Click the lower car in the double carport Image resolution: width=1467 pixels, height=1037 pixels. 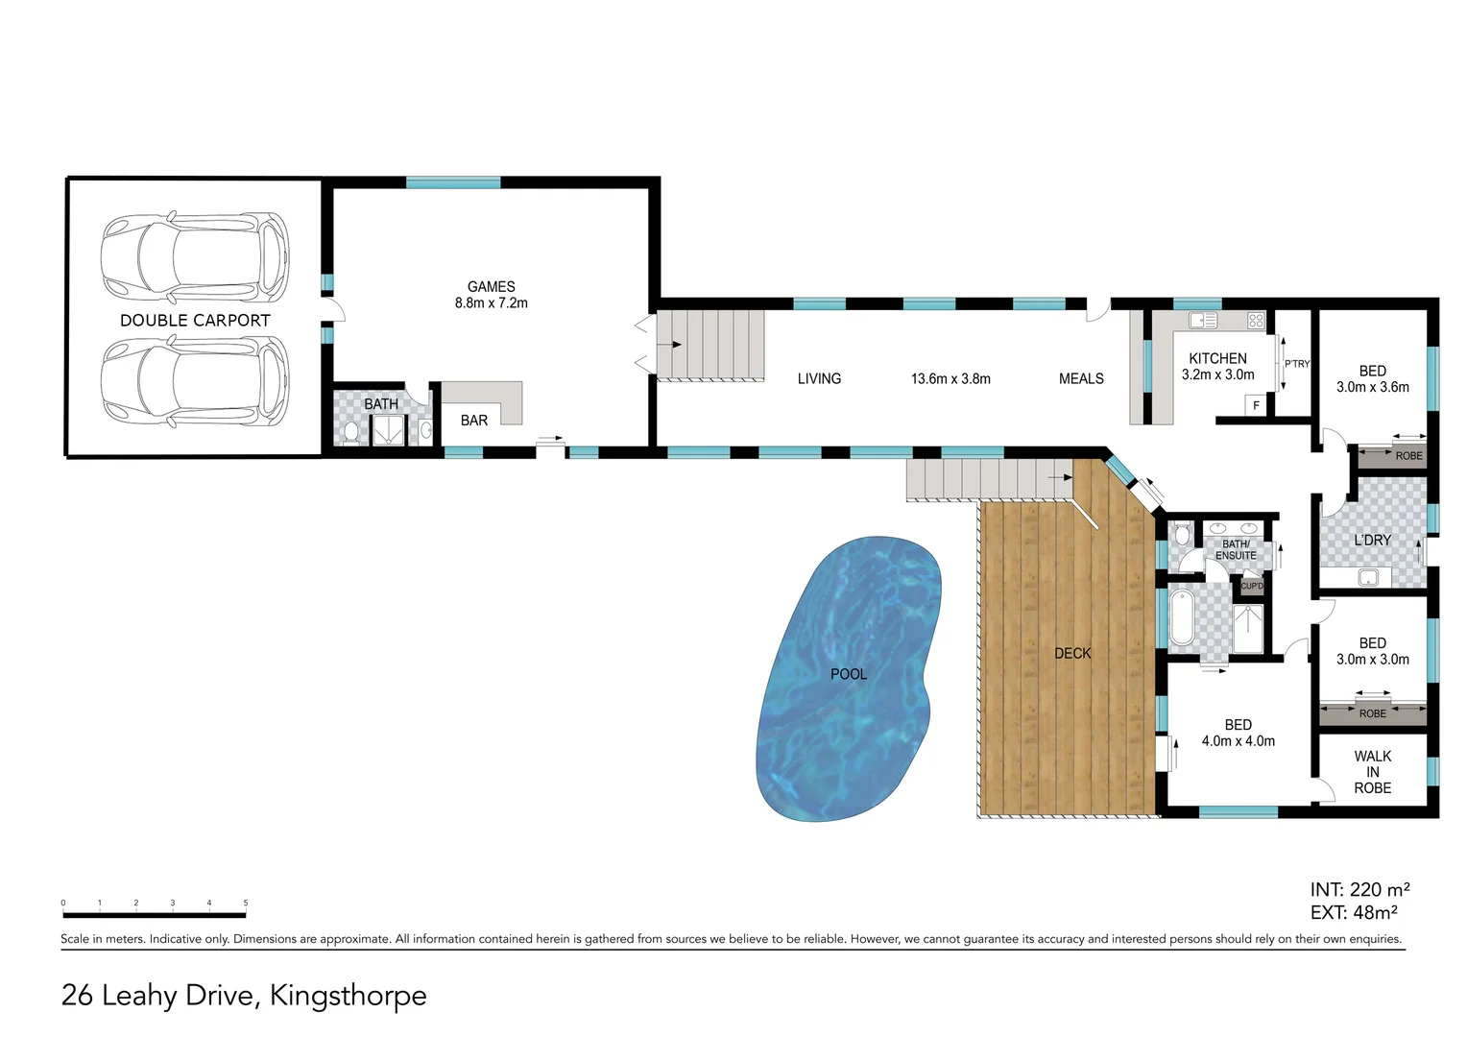pos(195,381)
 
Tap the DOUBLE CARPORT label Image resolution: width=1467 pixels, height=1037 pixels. pos(195,321)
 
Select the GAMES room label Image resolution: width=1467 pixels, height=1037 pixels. pos(491,287)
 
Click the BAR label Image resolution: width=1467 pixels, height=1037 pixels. pos(474,421)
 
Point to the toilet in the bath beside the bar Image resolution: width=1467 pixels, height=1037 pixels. pos(351,433)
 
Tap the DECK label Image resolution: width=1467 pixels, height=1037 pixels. pos(1072,654)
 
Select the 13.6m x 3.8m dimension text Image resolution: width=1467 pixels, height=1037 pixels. pos(950,379)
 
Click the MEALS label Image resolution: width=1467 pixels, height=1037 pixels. pos(1081,379)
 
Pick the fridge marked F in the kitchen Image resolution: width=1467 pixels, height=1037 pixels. pos(1256,406)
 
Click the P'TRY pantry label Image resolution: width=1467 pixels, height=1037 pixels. pos(1297,364)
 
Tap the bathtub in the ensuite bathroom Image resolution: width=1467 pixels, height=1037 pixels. pos(1181,617)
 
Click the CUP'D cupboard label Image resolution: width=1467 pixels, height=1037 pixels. pos(1252,586)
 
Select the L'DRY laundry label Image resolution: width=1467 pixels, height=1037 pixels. pos(1372,541)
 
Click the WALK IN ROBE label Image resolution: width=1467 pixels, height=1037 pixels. pos(1372,772)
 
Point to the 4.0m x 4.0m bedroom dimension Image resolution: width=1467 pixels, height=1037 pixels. pos(1238,741)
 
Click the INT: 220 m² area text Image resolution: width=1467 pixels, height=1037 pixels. pos(1359,890)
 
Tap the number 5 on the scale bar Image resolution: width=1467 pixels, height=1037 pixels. pos(246,904)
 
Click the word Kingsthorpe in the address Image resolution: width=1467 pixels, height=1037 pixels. pos(348,996)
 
